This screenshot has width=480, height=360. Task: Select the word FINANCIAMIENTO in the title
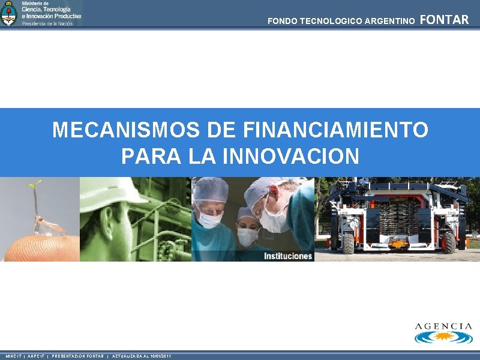336,130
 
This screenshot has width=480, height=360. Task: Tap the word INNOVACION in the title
291,156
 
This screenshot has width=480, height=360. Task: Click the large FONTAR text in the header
444,20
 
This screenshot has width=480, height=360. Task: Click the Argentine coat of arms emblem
9,13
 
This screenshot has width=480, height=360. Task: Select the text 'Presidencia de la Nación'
47,23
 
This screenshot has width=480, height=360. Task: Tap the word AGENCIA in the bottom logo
443,326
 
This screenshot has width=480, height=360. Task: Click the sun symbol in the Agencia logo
444,336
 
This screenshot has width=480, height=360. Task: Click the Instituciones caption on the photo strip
288,256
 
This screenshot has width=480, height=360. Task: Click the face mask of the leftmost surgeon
211,220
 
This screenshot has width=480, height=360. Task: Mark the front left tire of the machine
349,243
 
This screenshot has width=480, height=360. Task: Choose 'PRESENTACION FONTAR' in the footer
77,356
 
